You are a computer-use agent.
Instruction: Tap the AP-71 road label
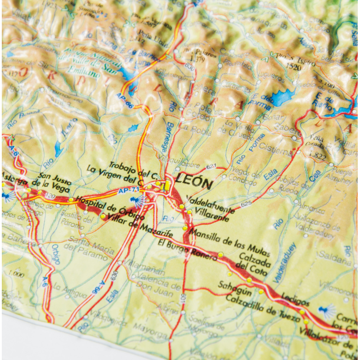click(x=128, y=192)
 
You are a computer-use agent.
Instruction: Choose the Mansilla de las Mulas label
click(x=229, y=241)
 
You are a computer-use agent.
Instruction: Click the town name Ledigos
click(x=295, y=299)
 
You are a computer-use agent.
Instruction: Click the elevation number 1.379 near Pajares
click(x=198, y=59)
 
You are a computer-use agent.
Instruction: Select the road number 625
click(x=246, y=204)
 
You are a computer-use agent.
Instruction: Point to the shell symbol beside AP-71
click(x=134, y=201)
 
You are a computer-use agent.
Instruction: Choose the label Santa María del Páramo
click(x=85, y=250)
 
